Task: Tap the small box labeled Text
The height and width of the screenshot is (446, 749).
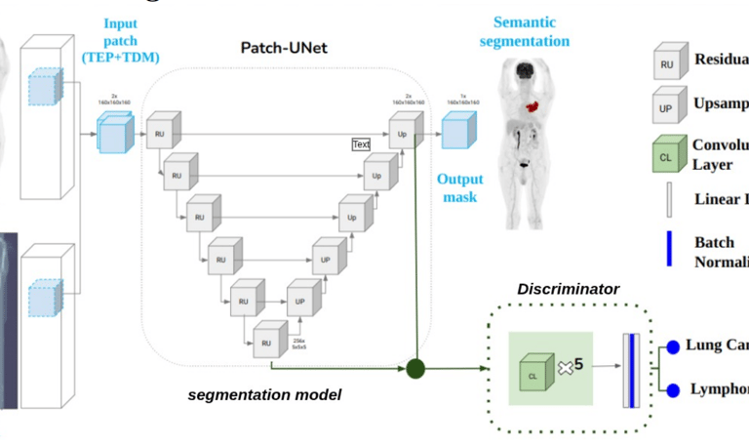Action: [x=361, y=144]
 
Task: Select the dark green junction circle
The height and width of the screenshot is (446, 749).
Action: [x=416, y=369]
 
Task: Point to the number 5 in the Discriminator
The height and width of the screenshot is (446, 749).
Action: [x=578, y=364]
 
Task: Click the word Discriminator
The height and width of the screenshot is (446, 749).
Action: [x=568, y=289]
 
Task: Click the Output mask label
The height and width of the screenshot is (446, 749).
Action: [x=458, y=187]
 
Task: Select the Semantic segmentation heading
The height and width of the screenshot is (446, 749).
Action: [x=531, y=31]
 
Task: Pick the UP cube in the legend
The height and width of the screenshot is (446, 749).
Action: [x=667, y=106]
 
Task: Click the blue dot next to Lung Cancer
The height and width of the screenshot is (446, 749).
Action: [x=672, y=346]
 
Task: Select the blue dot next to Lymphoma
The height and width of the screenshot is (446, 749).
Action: [x=672, y=390]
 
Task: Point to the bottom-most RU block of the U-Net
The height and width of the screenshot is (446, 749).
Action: [x=266, y=341]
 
